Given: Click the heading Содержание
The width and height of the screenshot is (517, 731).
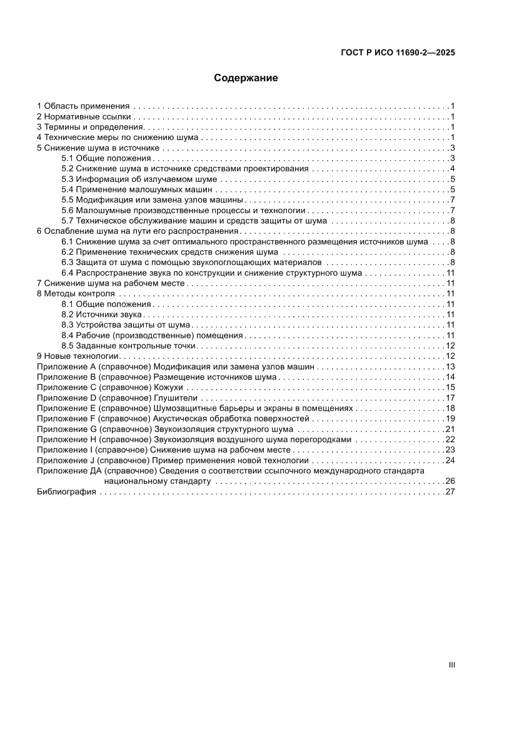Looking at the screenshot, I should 246,78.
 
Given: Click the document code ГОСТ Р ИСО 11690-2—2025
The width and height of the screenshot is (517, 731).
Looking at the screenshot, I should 398,53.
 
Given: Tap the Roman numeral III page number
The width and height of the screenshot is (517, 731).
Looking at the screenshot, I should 451,665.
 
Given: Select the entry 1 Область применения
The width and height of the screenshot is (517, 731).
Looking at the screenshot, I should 83,106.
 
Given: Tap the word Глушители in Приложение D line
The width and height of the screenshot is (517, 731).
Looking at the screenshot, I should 176,398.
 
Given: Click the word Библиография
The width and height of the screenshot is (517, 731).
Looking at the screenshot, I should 66,492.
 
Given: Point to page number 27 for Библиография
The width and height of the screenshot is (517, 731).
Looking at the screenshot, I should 449,492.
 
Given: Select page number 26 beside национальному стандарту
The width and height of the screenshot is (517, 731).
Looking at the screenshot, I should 449,481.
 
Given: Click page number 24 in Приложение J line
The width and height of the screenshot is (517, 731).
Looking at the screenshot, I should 449,460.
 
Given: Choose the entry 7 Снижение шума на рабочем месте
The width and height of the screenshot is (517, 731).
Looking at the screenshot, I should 111,283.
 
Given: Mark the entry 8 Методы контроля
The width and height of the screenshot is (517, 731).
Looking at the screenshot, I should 76,293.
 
